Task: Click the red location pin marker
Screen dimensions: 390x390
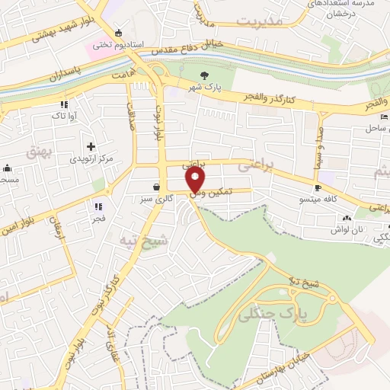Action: click(196, 180)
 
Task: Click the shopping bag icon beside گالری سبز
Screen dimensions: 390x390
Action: click(156, 187)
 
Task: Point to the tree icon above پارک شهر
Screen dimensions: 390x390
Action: click(204, 75)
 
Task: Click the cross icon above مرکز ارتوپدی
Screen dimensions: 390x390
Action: click(91, 145)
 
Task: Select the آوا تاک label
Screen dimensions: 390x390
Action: click(62, 114)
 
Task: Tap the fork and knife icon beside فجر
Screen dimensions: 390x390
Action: click(98, 206)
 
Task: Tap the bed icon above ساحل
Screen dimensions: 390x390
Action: click(383, 117)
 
